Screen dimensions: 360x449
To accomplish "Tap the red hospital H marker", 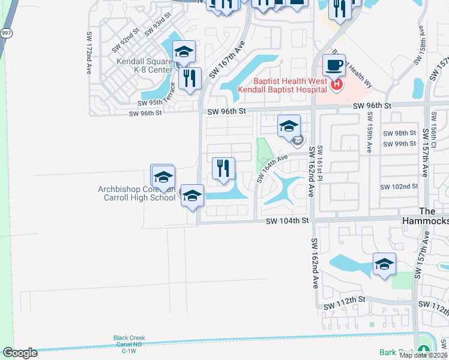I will (x=337, y=85).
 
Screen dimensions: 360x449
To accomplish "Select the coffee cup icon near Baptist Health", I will (x=334, y=65).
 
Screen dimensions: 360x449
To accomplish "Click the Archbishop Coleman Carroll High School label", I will (x=137, y=193).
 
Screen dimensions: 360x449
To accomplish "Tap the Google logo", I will (x=19, y=353).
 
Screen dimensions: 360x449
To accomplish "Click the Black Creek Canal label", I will (x=129, y=341).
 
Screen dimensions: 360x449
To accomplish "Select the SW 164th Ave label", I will (x=273, y=167).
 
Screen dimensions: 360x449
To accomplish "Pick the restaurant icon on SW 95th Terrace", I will (x=190, y=78).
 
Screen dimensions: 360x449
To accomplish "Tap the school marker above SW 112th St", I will (x=384, y=264).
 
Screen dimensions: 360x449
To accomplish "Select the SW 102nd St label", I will (x=399, y=187).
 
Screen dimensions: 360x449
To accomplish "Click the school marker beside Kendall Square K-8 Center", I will (x=184, y=52).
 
